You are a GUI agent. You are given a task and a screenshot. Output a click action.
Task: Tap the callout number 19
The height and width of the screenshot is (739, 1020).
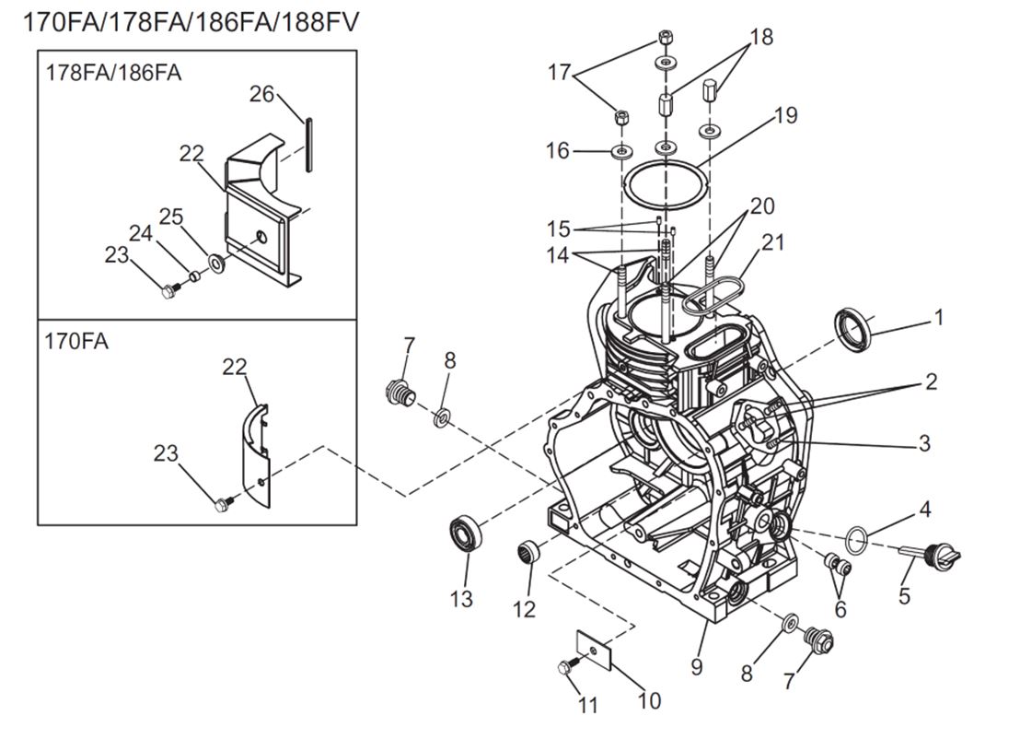(x=784, y=116)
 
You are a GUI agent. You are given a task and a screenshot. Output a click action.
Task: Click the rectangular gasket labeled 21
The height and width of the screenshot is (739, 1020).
(x=713, y=295)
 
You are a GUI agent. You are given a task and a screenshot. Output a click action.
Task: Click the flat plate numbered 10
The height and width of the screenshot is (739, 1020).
(x=596, y=647)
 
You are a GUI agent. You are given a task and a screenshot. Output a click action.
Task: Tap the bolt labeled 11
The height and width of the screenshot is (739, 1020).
(x=566, y=668)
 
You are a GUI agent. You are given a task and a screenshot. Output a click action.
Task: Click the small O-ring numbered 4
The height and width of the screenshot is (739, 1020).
(x=855, y=536)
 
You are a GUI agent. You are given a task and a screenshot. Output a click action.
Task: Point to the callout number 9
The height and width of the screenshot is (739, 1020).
(x=697, y=664)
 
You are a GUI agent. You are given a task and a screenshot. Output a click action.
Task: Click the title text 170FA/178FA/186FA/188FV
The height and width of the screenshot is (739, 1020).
(x=190, y=21)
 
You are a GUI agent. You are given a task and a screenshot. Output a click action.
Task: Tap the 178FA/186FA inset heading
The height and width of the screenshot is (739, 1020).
(x=113, y=73)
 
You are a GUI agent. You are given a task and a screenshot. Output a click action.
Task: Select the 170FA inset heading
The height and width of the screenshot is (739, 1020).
(x=76, y=341)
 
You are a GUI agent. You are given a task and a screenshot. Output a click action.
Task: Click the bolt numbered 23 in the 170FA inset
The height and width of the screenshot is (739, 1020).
(x=221, y=504)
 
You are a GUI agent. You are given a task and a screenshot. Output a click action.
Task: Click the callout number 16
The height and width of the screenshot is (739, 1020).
(x=558, y=150)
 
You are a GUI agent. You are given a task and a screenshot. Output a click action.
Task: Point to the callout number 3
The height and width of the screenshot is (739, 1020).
(x=923, y=444)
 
